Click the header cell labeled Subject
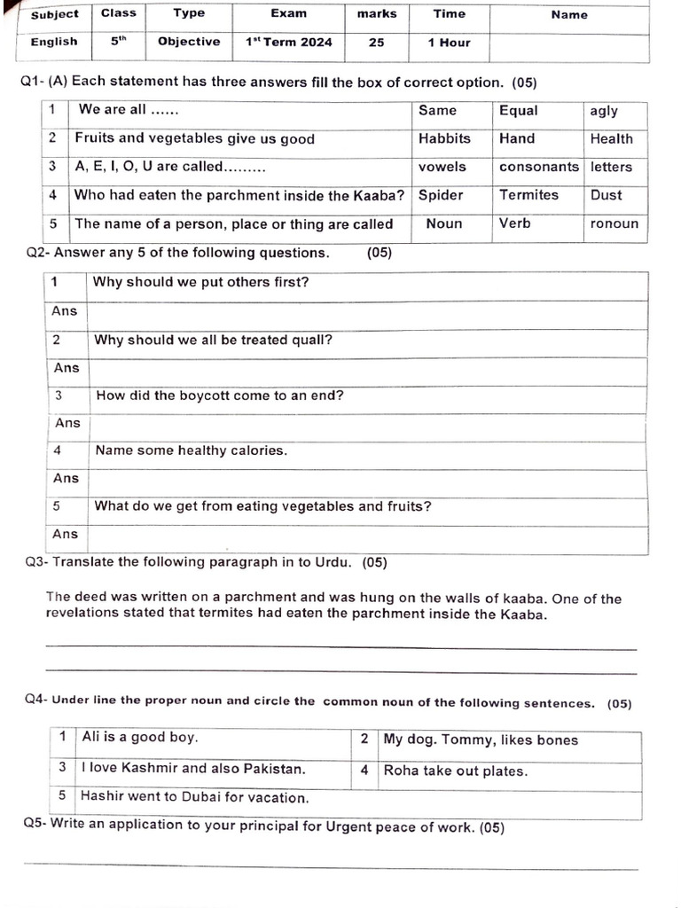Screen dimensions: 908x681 coord(54,14)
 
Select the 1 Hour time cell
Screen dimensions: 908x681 coord(449,42)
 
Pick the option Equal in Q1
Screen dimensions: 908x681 coord(519,111)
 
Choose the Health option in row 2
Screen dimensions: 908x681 coord(612,138)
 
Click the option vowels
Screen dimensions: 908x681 coord(442,167)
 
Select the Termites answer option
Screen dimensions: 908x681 coord(528,195)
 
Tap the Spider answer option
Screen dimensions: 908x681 coord(441,195)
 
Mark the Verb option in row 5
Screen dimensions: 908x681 coord(515,223)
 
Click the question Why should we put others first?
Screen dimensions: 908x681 coord(201,283)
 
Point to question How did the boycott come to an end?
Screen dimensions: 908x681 coord(219,395)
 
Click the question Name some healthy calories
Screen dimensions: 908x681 coord(191,450)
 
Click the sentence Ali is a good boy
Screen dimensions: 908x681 coord(139,737)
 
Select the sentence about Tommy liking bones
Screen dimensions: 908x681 coord(480,740)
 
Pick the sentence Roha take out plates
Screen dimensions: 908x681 coord(455,771)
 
